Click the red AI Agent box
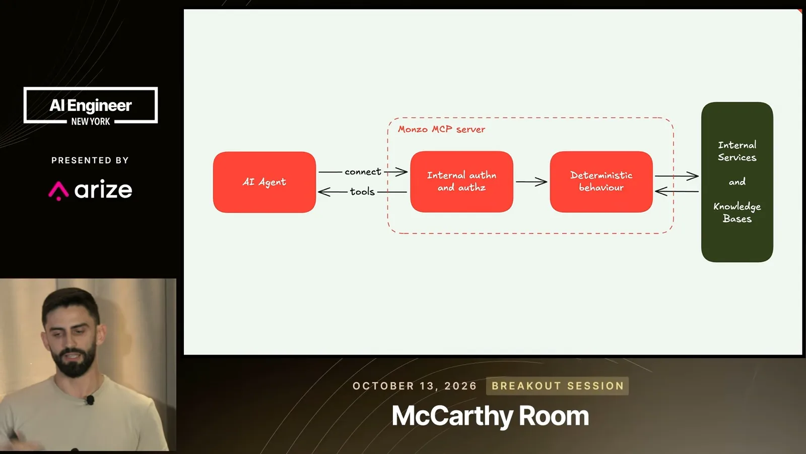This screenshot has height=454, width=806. pos(264,182)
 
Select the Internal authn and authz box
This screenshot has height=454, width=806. pos(461,182)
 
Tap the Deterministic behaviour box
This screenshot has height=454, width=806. pos(601,182)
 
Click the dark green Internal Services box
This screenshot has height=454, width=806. pos(737,182)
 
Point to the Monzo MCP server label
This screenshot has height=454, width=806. pos(441,129)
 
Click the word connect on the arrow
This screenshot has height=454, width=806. pos(363,172)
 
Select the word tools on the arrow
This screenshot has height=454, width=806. pos(362,192)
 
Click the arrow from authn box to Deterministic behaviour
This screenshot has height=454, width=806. pos(531,182)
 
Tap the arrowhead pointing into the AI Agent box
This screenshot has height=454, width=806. pos(323,192)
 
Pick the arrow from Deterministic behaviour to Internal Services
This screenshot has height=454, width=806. pos(677,176)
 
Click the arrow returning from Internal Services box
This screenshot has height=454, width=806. pos(677,191)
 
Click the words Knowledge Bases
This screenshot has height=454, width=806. pos(737,212)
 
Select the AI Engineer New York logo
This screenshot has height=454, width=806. pos(91,105)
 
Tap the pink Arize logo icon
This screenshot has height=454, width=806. pos(58,191)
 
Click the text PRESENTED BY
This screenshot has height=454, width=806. pos(90,160)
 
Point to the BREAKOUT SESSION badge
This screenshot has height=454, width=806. pos(557,386)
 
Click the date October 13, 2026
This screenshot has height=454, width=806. pos(415,386)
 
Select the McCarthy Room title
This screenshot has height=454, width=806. pos(490,416)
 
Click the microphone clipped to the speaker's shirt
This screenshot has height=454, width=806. pos(90,400)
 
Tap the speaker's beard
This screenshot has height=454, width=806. pos(74,360)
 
